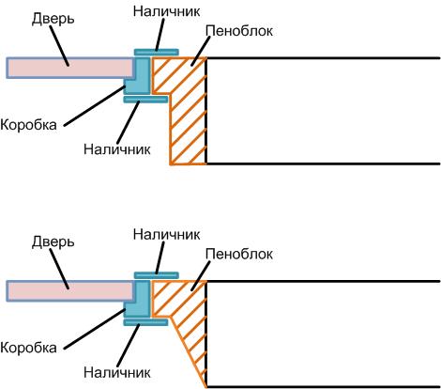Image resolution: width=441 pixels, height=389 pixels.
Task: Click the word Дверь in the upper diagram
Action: tap(53, 20)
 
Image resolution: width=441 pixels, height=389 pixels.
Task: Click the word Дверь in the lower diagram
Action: tap(53, 242)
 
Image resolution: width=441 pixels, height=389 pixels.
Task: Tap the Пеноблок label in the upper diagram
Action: tap(239, 31)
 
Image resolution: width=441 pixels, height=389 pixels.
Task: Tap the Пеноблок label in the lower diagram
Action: tap(239, 254)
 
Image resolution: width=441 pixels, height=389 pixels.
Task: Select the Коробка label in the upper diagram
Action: tap(28, 125)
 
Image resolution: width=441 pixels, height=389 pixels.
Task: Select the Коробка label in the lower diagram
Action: tap(28, 348)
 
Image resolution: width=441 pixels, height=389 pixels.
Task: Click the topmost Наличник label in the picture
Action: tap(166, 11)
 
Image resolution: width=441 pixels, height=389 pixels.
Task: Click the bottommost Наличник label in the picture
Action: tap(117, 373)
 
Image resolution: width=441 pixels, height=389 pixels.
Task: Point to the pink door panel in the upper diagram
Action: tap(69, 68)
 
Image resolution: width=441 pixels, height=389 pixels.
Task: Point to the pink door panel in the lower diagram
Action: tap(69, 291)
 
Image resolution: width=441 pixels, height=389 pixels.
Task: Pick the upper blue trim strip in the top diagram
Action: tap(157, 52)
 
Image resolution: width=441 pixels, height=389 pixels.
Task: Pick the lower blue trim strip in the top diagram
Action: tap(145, 100)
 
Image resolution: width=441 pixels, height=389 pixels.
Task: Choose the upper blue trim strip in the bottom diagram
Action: tap(157, 275)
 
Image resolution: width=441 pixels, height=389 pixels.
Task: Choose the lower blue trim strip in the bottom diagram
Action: tap(145, 322)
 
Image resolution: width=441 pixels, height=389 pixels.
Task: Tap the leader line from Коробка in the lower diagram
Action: tap(95, 329)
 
